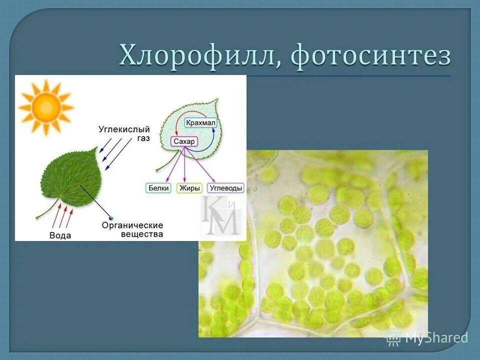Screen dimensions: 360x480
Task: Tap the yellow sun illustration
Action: (x=45, y=107)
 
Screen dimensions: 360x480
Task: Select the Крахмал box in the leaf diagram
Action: (x=200, y=122)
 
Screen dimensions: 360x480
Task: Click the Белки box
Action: (x=159, y=188)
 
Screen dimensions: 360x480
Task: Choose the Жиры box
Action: (x=190, y=188)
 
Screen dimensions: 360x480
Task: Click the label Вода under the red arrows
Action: (x=60, y=235)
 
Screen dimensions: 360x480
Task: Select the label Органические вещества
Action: (x=132, y=229)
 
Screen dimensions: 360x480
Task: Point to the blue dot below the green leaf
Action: (x=111, y=218)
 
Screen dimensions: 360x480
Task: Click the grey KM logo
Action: (x=220, y=216)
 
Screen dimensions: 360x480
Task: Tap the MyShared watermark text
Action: (x=436, y=338)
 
